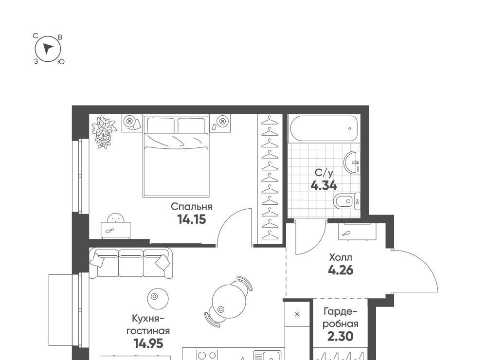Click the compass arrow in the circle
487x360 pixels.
pyautogui.click(x=47, y=49)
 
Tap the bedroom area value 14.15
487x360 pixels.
pyautogui.click(x=192, y=219)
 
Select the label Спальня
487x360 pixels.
pyautogui.click(x=192, y=207)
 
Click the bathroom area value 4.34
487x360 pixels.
pyautogui.click(x=324, y=186)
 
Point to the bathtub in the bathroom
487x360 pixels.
pyautogui.click(x=324, y=128)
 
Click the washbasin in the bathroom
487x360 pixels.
pyautogui.click(x=353, y=162)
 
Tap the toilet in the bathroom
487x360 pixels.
pyautogui.click(x=347, y=201)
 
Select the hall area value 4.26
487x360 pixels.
pyautogui.click(x=341, y=270)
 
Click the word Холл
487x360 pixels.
pyautogui.click(x=341, y=257)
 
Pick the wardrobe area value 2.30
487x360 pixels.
pyautogui.click(x=341, y=336)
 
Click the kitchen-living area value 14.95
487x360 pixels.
pyautogui.click(x=148, y=343)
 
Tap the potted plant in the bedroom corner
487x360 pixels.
pyautogui.click(x=104, y=132)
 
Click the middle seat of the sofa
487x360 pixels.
pyautogui.click(x=131, y=263)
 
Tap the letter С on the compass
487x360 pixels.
pyautogui.click(x=36, y=36)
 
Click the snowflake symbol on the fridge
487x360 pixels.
pyautogui.click(x=297, y=314)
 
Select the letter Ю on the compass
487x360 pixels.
pyautogui.click(x=61, y=62)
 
